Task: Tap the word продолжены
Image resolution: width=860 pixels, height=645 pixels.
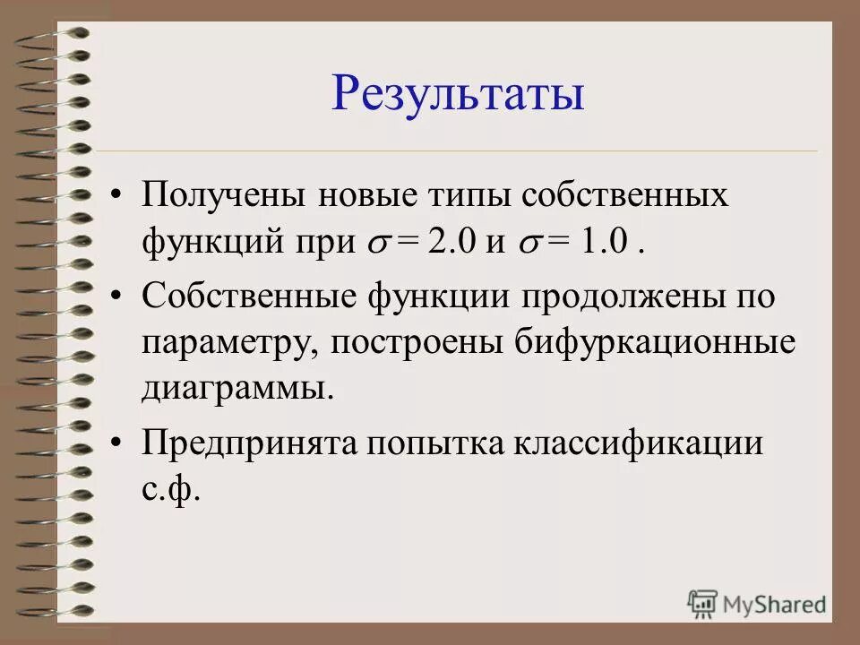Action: [x=637, y=297]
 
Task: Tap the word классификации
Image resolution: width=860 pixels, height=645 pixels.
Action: [x=638, y=443]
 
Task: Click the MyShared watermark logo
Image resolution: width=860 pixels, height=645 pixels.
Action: [x=757, y=603]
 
